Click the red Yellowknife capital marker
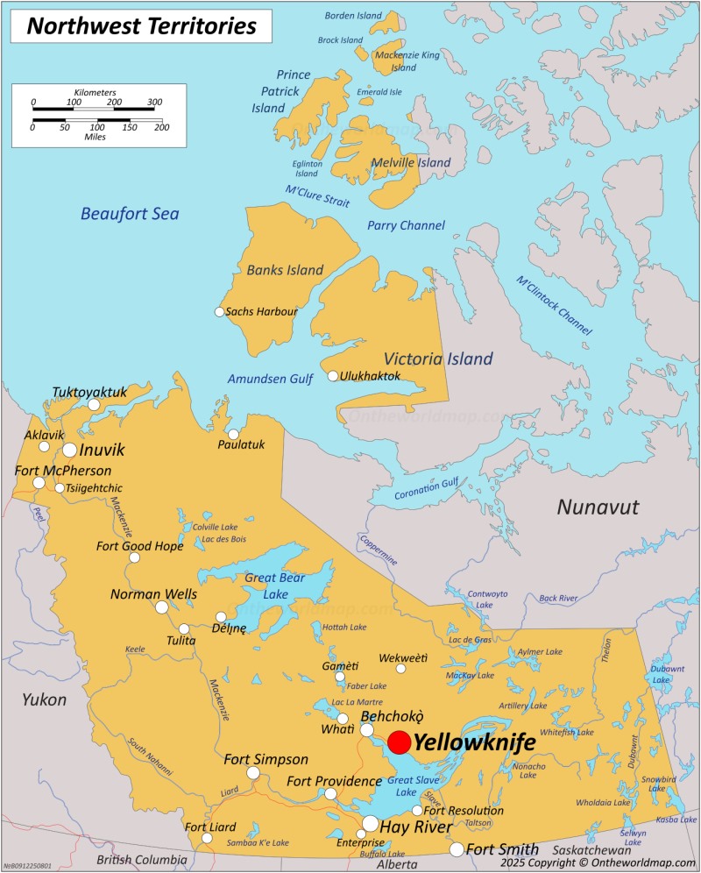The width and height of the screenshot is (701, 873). click(399, 742)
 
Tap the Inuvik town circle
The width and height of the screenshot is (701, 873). click(69, 450)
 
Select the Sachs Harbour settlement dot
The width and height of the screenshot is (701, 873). click(220, 312)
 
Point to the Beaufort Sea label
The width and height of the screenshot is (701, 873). click(130, 213)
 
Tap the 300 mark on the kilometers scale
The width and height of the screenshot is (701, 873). click(154, 103)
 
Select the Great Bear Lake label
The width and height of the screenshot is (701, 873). click(274, 586)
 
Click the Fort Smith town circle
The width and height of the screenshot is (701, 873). click(457, 849)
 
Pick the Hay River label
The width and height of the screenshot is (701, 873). click(416, 827)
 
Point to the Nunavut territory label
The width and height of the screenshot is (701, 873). click(598, 507)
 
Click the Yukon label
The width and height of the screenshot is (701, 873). click(45, 699)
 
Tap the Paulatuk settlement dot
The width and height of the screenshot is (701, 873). click(233, 435)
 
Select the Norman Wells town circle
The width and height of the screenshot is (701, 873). click(162, 607)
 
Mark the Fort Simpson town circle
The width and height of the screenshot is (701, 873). click(253, 773)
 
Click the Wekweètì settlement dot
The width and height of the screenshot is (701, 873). click(400, 669)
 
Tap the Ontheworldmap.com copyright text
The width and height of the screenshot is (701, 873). click(597, 862)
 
